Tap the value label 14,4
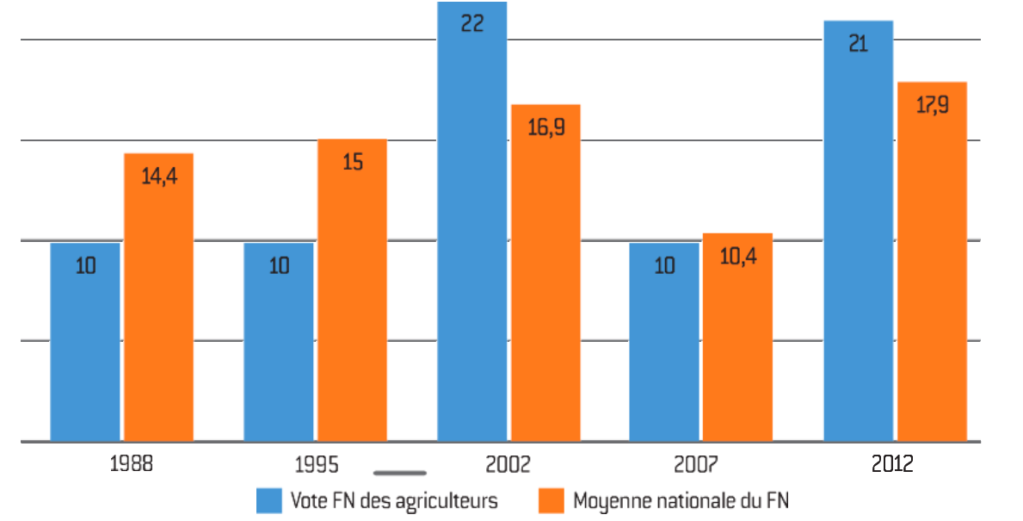tap(158, 177)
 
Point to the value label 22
tap(472, 24)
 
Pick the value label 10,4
tap(737, 257)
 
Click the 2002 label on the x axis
tap(508, 465)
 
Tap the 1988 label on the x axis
tap(132, 465)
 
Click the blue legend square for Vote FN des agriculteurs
tap(269, 500)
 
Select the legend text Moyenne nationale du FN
tap(680, 500)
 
